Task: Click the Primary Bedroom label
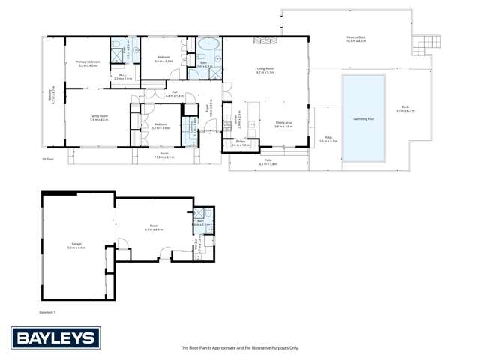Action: pos(88,62)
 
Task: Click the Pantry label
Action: pos(241,142)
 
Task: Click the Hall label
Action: pos(174,94)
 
